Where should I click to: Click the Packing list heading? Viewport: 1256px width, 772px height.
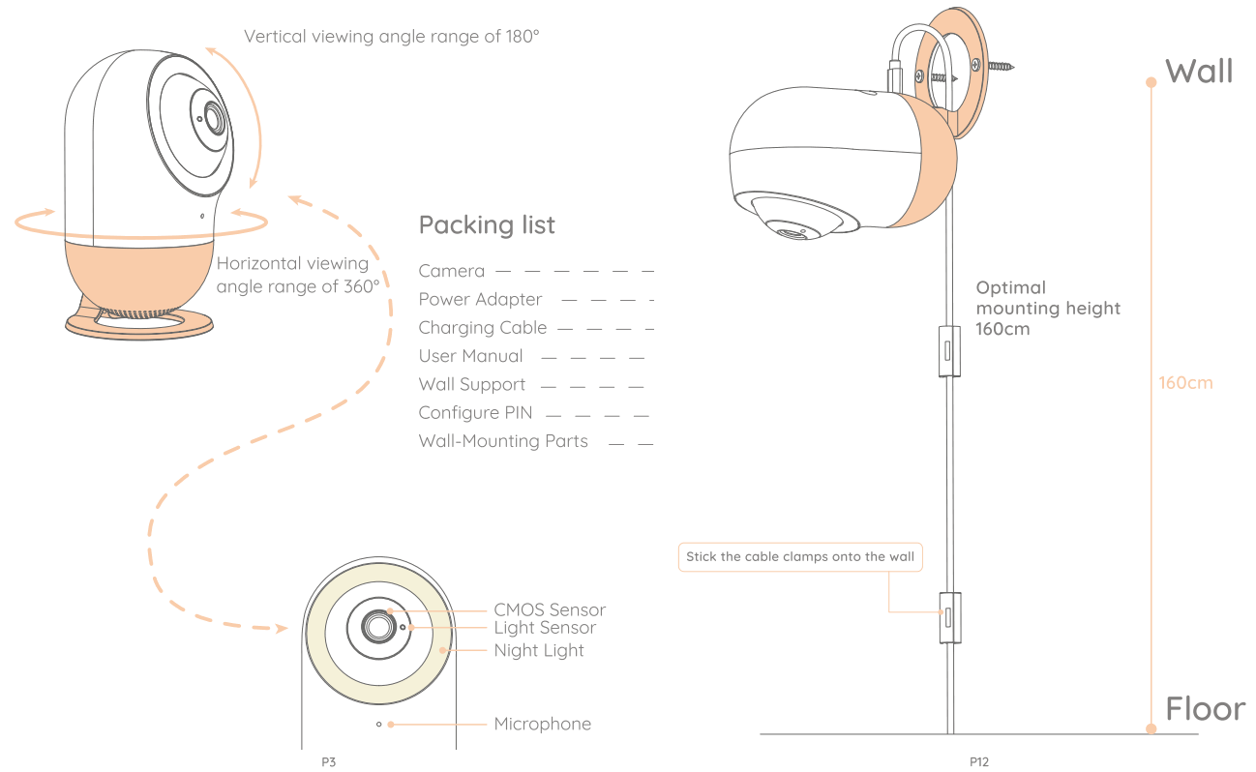(487, 225)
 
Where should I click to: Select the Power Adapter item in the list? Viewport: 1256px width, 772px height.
(480, 300)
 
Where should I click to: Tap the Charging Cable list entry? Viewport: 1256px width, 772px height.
(483, 328)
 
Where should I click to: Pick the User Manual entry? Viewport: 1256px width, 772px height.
(470, 356)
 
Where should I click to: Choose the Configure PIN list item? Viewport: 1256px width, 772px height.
(475, 413)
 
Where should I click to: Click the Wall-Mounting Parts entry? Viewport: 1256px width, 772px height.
(503, 441)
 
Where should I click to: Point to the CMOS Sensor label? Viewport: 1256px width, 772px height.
(549, 609)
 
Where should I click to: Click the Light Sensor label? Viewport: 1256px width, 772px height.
(545, 628)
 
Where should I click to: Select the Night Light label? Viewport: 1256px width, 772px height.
(539, 650)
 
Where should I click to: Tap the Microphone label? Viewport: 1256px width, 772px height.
(542, 724)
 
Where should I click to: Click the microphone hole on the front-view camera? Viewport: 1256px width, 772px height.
(379, 724)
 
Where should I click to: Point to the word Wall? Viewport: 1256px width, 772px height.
(1199, 71)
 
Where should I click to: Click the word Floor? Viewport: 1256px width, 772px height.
(1205, 709)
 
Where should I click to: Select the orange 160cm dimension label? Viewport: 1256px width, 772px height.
(1185, 383)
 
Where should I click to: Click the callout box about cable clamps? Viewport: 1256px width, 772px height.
(799, 557)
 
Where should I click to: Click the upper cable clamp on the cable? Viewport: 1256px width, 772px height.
(949, 350)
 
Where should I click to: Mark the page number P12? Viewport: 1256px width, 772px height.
(979, 762)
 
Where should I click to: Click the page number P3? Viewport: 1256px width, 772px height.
(328, 762)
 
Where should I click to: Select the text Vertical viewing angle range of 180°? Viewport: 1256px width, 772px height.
(391, 37)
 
